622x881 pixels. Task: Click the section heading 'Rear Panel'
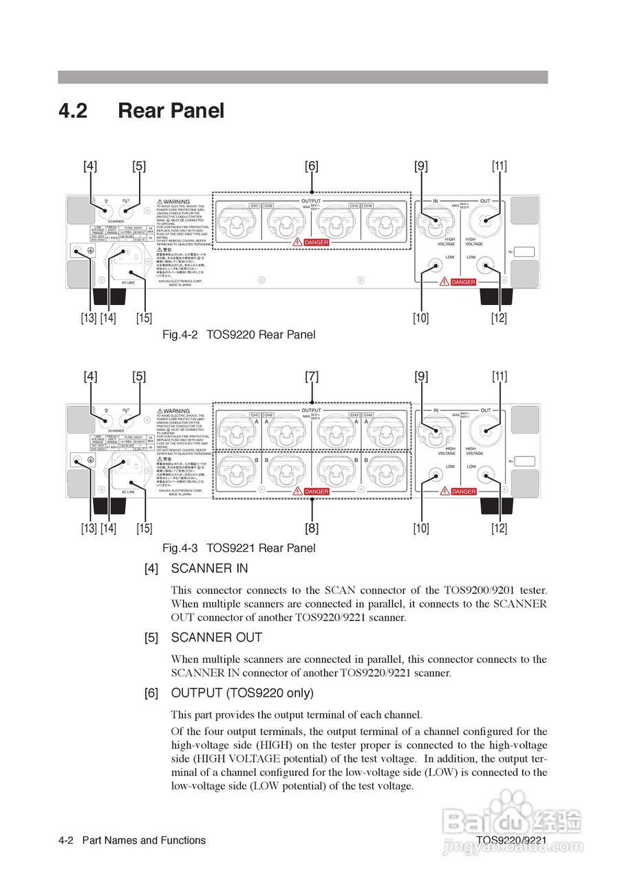click(171, 111)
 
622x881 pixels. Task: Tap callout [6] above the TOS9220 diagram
click(312, 166)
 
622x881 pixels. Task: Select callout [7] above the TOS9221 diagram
click(312, 376)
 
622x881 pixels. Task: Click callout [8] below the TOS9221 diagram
click(312, 529)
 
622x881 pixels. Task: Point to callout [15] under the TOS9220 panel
click(144, 318)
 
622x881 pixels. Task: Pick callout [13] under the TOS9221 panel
click(88, 529)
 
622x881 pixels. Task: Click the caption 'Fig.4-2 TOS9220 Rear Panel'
click(239, 335)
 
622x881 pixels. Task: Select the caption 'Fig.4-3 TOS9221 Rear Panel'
click(239, 548)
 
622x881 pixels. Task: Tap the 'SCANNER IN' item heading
click(209, 569)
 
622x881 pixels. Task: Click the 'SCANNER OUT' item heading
click(216, 637)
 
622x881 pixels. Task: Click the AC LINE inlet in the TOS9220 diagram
click(129, 257)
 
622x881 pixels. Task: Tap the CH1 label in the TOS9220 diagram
click(254, 206)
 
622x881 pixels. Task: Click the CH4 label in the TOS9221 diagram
click(368, 415)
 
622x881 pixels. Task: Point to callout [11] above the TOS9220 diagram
click(499, 166)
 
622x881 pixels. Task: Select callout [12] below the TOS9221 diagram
click(499, 529)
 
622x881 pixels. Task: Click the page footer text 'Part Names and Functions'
click(144, 840)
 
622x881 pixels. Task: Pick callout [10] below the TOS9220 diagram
click(421, 318)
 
